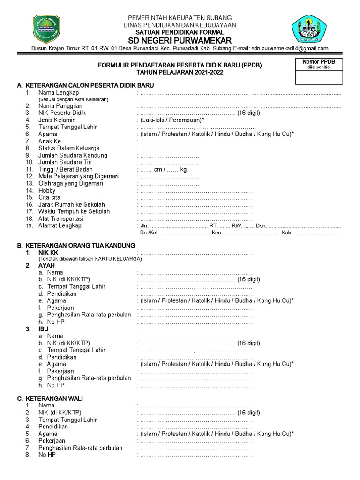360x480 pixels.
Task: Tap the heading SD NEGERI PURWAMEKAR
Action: [180, 41]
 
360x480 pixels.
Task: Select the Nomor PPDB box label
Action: [318, 62]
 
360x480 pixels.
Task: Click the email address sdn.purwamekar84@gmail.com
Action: [290, 48]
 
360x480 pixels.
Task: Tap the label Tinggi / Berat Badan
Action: [65, 169]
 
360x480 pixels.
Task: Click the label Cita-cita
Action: [50, 198]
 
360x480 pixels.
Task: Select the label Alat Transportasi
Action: [61, 219]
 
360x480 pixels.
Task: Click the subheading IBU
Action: [43, 329]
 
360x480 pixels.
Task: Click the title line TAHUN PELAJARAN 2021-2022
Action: [180, 72]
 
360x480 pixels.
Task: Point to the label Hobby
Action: [47, 191]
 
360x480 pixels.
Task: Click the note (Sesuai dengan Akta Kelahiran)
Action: [74, 100]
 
